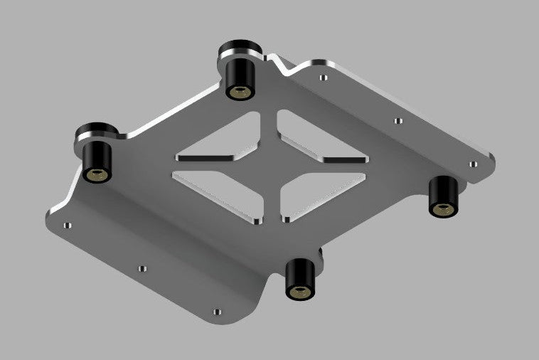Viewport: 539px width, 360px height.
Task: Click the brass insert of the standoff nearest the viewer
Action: pos(299,291)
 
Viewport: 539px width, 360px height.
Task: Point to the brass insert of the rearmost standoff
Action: pos(240,92)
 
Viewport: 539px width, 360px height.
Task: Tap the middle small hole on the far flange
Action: pos(398,120)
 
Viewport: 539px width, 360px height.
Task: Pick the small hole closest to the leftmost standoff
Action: pos(68,226)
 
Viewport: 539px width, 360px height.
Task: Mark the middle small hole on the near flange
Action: pos(142,269)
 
